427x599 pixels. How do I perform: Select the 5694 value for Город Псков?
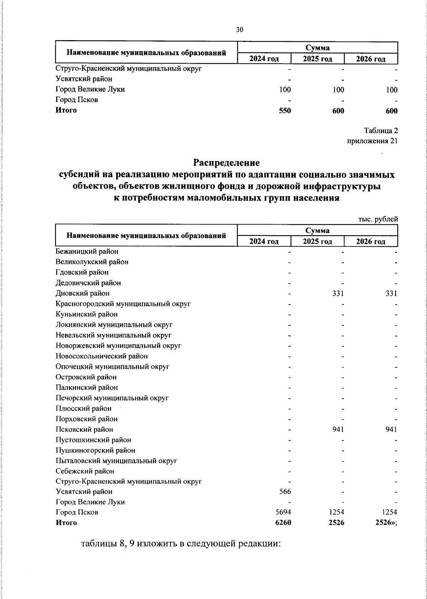coord(283,512)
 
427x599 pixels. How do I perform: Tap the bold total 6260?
coord(283,523)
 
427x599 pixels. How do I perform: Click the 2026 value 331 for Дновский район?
coord(391,293)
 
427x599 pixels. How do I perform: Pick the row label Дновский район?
coord(83,293)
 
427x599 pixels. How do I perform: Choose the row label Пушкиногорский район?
coord(95,450)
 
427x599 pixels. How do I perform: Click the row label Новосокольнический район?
coord(102,356)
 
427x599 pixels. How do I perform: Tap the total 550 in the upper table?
coord(285,111)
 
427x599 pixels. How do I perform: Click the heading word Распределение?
coord(226,163)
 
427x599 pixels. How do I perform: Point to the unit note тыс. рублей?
coord(378,219)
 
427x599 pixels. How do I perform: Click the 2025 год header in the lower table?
coord(317,242)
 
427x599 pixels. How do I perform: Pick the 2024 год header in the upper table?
coord(264,59)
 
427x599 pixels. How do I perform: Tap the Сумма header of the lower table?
coord(317,231)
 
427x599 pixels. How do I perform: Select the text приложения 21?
coord(372,141)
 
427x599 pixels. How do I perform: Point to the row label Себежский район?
coord(85,471)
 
